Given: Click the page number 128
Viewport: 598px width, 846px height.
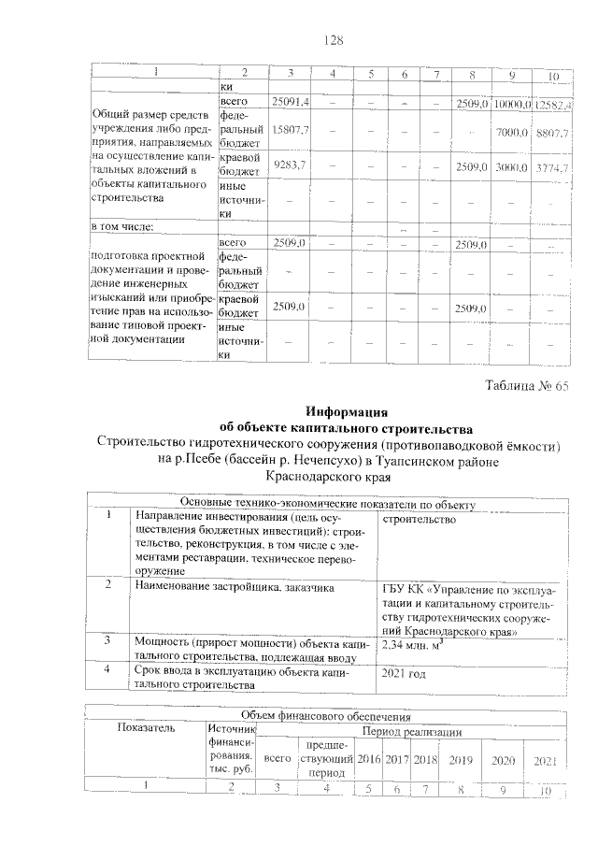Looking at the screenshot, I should (x=334, y=40).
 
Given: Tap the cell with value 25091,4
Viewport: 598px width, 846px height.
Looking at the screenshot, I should (x=291, y=101).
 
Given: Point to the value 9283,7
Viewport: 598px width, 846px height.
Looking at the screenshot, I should (x=291, y=165).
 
